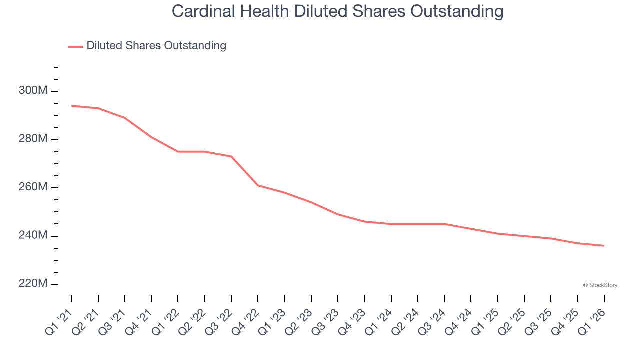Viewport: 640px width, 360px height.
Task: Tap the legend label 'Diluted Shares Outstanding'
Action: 156,46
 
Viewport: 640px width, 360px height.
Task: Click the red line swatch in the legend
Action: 75,46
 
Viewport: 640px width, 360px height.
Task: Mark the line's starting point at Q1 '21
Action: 71,106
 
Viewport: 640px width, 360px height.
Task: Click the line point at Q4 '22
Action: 258,185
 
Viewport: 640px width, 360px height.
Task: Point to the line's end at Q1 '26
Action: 604,245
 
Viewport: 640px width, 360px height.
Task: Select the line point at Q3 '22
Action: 231,156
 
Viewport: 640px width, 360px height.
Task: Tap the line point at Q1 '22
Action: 178,151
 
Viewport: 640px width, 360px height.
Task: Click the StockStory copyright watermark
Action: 600,285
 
